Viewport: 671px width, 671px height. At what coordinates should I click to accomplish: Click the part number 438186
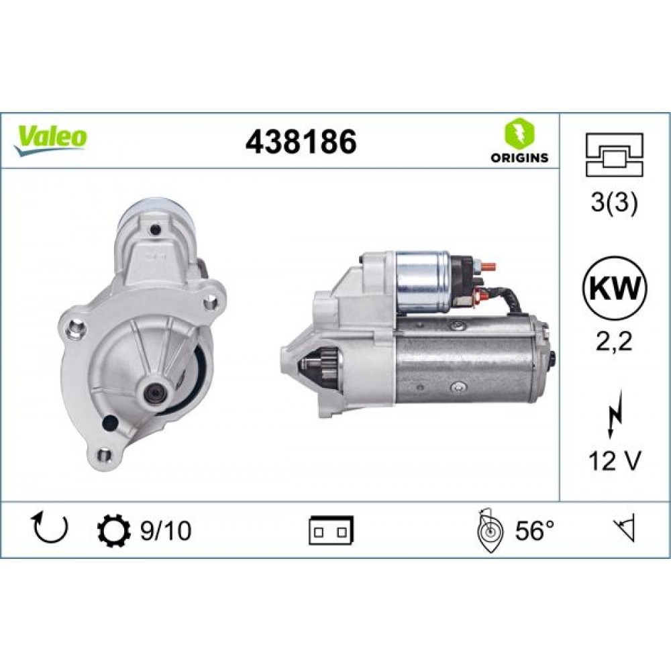click(x=301, y=142)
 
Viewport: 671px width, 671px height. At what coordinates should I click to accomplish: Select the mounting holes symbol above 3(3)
click(x=615, y=154)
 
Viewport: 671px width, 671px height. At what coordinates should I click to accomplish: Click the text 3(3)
click(x=615, y=203)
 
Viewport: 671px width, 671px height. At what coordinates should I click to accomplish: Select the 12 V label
click(x=615, y=462)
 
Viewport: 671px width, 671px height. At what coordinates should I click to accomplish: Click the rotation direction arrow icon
click(x=51, y=529)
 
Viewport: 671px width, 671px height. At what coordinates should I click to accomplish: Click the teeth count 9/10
click(x=166, y=531)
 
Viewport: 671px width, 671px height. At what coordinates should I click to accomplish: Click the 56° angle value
click(x=535, y=531)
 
